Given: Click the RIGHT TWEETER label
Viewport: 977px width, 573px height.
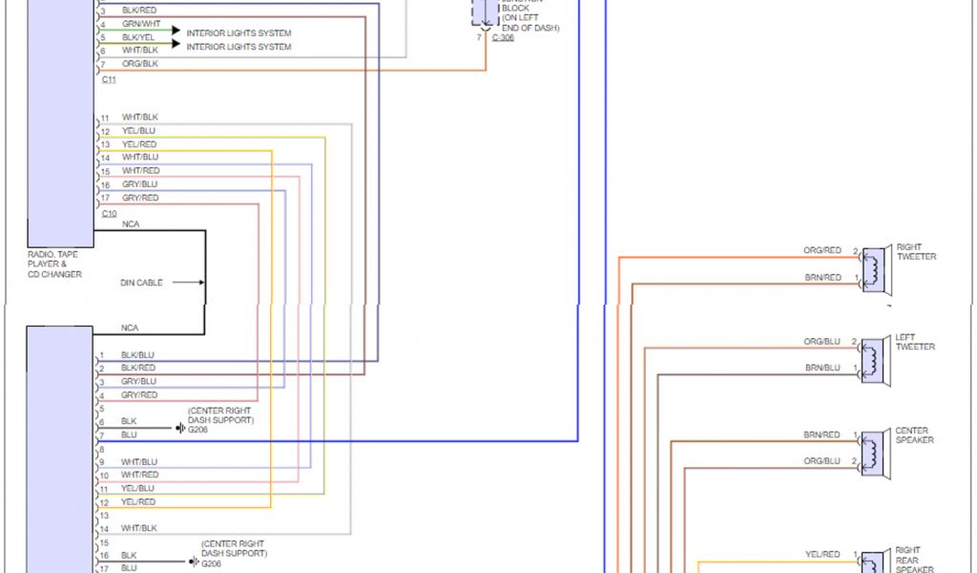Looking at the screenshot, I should [x=916, y=252].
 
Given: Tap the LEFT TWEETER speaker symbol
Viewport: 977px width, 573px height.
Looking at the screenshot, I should [x=874, y=358].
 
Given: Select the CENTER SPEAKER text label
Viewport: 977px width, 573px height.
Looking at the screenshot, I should [x=914, y=435].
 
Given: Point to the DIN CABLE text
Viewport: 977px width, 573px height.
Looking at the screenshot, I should [x=141, y=283].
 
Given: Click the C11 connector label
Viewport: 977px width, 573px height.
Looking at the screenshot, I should [x=109, y=79].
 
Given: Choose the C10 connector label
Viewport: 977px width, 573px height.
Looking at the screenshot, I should [x=109, y=213].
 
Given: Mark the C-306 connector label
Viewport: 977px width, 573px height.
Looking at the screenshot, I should [x=503, y=37].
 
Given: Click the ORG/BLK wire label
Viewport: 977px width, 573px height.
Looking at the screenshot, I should [x=140, y=63].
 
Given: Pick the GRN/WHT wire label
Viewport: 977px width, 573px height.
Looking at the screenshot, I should [x=141, y=23].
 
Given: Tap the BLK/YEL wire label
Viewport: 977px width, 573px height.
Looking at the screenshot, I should [x=139, y=36].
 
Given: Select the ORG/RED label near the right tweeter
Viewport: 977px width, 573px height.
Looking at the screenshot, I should [x=822, y=250].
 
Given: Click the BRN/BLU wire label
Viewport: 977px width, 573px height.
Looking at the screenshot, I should [x=822, y=368].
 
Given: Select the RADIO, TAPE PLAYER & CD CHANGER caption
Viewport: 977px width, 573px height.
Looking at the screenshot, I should [x=54, y=265].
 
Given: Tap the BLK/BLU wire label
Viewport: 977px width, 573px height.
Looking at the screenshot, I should [x=137, y=354].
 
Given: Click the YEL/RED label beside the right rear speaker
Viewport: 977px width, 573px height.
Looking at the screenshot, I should [x=822, y=554].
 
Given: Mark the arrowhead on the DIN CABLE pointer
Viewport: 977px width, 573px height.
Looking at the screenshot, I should [x=200, y=283].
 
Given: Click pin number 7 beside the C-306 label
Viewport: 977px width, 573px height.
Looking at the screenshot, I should [x=479, y=37].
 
